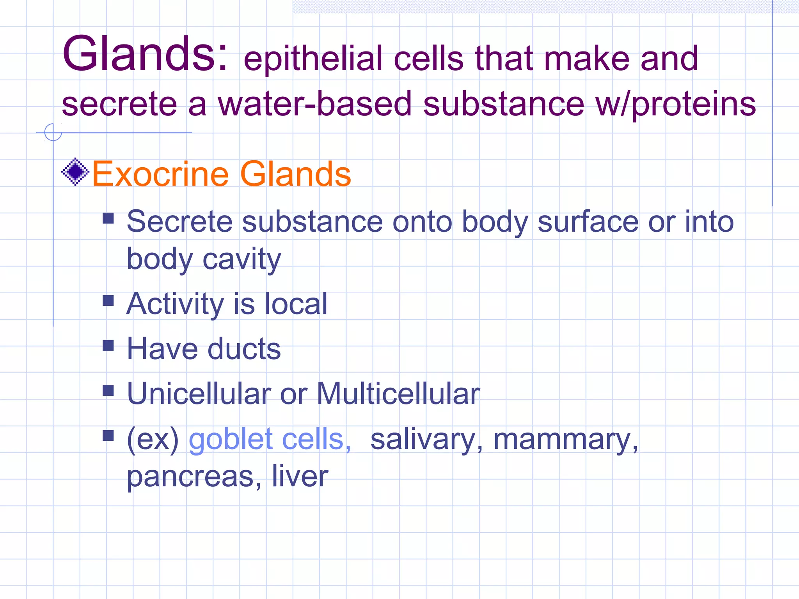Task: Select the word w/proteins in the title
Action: tap(675, 104)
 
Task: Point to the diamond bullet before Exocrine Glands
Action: tap(75, 172)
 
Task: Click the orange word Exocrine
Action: tap(160, 174)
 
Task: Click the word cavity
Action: tap(242, 259)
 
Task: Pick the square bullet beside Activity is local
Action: tap(108, 300)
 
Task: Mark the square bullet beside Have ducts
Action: tap(108, 345)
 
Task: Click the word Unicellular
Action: tap(199, 393)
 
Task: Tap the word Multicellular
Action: tap(398, 393)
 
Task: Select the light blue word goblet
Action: tap(231, 439)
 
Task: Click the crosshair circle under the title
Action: tap(53, 132)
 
